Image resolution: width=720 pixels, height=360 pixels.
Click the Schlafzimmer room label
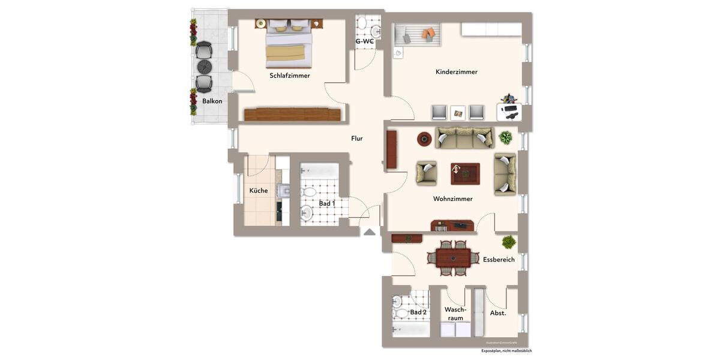(290, 76)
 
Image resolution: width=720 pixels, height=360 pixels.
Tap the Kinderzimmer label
(457, 72)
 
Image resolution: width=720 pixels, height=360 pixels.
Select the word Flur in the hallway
(357, 139)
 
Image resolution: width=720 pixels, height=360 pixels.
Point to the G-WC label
(365, 41)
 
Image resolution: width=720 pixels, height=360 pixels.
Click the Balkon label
(212, 101)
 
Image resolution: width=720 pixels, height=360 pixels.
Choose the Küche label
(259, 191)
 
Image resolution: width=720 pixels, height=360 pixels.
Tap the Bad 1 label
(327, 204)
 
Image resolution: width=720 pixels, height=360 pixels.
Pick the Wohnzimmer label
(453, 199)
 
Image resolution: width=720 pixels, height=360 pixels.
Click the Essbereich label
(499, 260)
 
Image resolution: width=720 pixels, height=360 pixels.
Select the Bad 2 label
(418, 313)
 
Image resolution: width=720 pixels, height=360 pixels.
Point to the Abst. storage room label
(498, 313)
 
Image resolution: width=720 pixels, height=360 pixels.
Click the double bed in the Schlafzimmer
(289, 43)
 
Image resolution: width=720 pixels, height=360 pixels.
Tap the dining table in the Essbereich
(453, 258)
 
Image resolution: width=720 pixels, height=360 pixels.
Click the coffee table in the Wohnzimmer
(465, 173)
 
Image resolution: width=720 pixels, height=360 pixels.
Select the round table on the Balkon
(205, 65)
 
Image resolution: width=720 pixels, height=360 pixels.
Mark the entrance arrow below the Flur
(370, 232)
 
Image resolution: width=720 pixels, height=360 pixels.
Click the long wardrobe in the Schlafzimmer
(292, 114)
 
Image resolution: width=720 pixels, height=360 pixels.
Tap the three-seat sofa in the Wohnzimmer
(464, 138)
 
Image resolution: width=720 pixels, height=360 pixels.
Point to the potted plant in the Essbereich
(509, 242)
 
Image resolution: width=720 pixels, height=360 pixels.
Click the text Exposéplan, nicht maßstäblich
(506, 351)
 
